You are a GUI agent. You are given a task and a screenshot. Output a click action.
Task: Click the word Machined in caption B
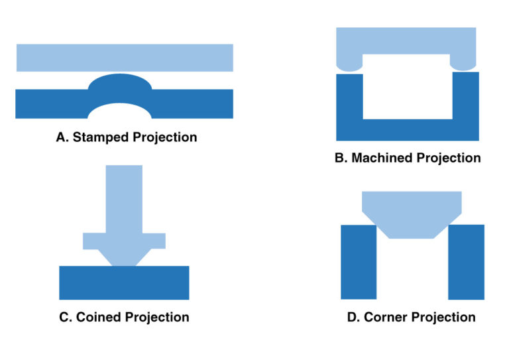[382, 158]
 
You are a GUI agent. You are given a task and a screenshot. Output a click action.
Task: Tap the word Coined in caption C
[99, 317]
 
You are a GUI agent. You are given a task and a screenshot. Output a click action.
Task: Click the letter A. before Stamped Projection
[62, 138]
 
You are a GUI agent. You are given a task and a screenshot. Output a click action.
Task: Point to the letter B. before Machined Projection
[342, 158]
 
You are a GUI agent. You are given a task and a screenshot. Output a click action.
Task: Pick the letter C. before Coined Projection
[66, 317]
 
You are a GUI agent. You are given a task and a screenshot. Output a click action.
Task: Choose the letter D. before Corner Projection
[353, 317]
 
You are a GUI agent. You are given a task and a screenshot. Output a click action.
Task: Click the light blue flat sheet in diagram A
[125, 58]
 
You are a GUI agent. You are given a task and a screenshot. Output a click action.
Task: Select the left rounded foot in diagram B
[349, 64]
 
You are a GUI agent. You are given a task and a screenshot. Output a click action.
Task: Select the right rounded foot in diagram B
[464, 62]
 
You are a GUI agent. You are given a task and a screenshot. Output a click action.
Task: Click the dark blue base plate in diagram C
[124, 282]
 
